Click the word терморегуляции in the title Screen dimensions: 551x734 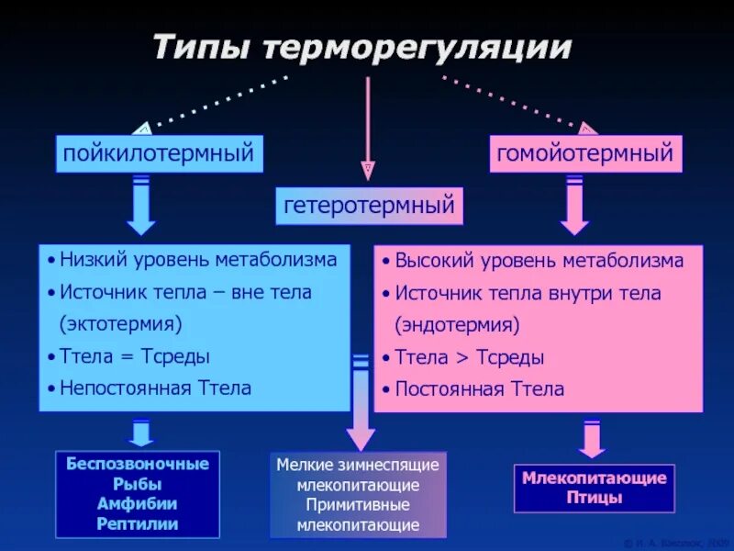[417, 48]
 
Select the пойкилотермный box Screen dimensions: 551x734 [159, 153]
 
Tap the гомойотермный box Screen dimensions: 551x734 [585, 153]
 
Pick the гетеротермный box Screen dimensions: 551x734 [368, 206]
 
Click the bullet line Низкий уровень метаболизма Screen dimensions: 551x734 [198, 260]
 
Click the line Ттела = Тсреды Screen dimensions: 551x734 [134, 356]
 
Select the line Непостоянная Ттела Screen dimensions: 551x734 [155, 388]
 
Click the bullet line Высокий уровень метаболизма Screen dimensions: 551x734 [539, 261]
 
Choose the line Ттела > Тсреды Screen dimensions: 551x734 [469, 357]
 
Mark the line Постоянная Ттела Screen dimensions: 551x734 [479, 389]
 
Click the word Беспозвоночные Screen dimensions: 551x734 [138, 464]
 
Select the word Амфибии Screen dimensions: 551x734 [138, 504]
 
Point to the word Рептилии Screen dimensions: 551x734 [138, 524]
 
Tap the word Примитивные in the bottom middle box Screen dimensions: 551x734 [359, 505]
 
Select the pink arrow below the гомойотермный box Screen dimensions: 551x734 [575, 206]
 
